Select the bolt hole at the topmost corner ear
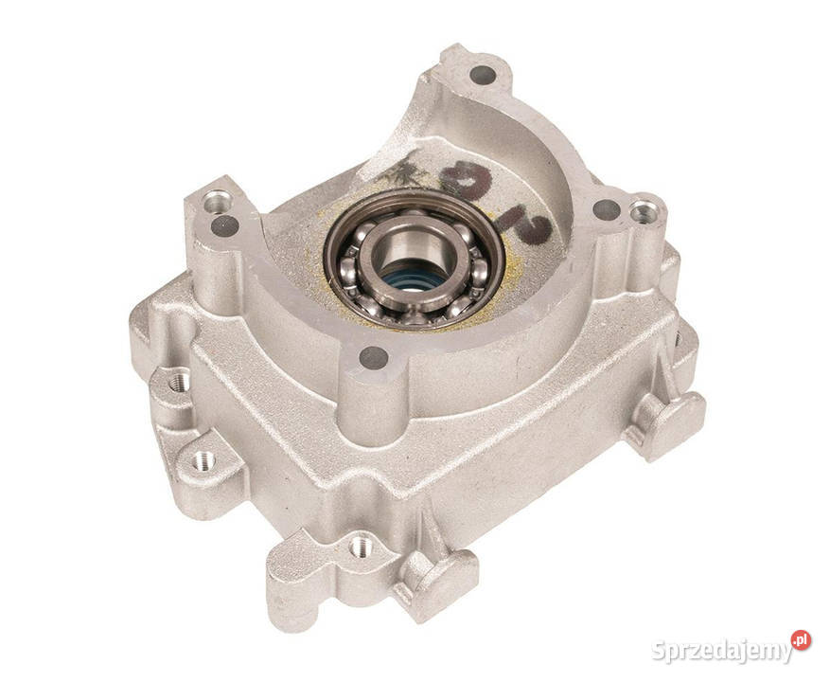478,72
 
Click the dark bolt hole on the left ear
225,225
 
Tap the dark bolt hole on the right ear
606,210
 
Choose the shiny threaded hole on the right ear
644,212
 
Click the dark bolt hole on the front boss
374,357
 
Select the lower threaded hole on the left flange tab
203,460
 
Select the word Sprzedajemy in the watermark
721,651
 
